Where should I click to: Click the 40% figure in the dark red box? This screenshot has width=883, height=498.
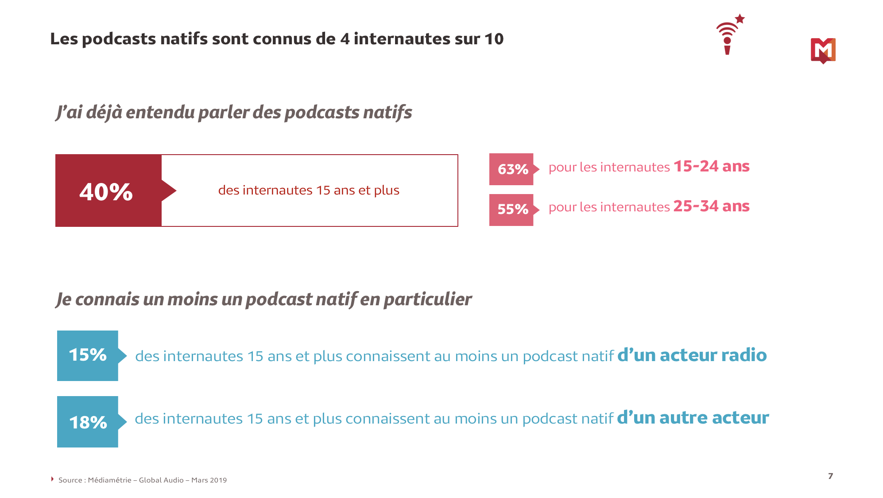[106, 192]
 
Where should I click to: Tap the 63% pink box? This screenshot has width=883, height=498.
[512, 169]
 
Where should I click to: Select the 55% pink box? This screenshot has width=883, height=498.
[512, 210]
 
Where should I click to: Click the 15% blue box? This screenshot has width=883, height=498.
[88, 355]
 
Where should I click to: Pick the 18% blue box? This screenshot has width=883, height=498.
[88, 422]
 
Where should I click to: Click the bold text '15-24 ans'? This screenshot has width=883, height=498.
[711, 167]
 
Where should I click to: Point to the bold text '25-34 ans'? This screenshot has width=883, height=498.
[711, 206]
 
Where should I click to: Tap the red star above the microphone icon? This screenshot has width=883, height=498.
[740, 19]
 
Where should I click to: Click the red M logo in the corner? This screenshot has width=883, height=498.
[823, 50]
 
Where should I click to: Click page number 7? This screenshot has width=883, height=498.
[830, 476]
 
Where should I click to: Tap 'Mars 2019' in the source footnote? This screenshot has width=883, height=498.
[209, 480]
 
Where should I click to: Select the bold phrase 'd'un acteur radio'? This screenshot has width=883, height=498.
[692, 355]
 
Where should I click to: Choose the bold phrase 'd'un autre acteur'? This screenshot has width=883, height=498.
[693, 418]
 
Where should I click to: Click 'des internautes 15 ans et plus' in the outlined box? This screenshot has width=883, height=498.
[309, 191]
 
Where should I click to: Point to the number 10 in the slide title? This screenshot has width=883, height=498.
[494, 39]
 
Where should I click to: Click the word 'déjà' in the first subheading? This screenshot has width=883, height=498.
[104, 113]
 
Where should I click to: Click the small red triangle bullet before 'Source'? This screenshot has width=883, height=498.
[52, 479]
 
